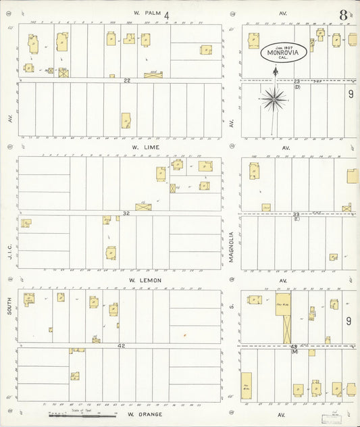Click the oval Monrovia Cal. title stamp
click(x=284, y=53)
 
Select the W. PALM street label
click(x=145, y=13)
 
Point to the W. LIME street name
click(x=145, y=145)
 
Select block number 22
click(x=126, y=80)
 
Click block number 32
click(x=126, y=214)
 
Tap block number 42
click(x=122, y=345)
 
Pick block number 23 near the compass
click(x=297, y=81)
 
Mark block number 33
click(x=296, y=214)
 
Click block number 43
click(x=294, y=347)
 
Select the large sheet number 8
click(x=344, y=14)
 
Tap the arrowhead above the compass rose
click(x=275, y=69)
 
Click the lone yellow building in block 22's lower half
click(x=126, y=120)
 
